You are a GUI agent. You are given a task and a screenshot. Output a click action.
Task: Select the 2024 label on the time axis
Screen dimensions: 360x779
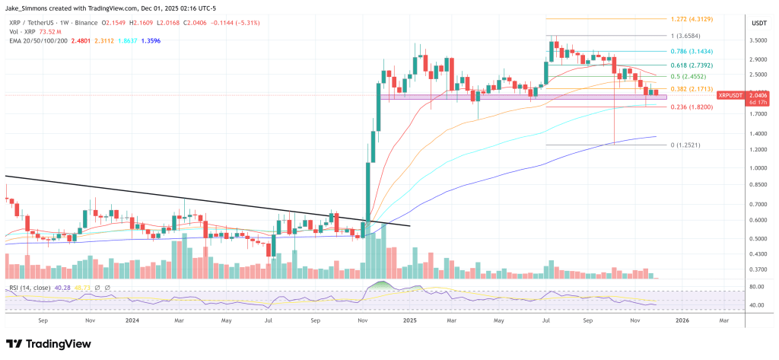pos(132,321)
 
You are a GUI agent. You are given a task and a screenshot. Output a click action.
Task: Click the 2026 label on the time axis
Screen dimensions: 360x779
pos(682,321)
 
